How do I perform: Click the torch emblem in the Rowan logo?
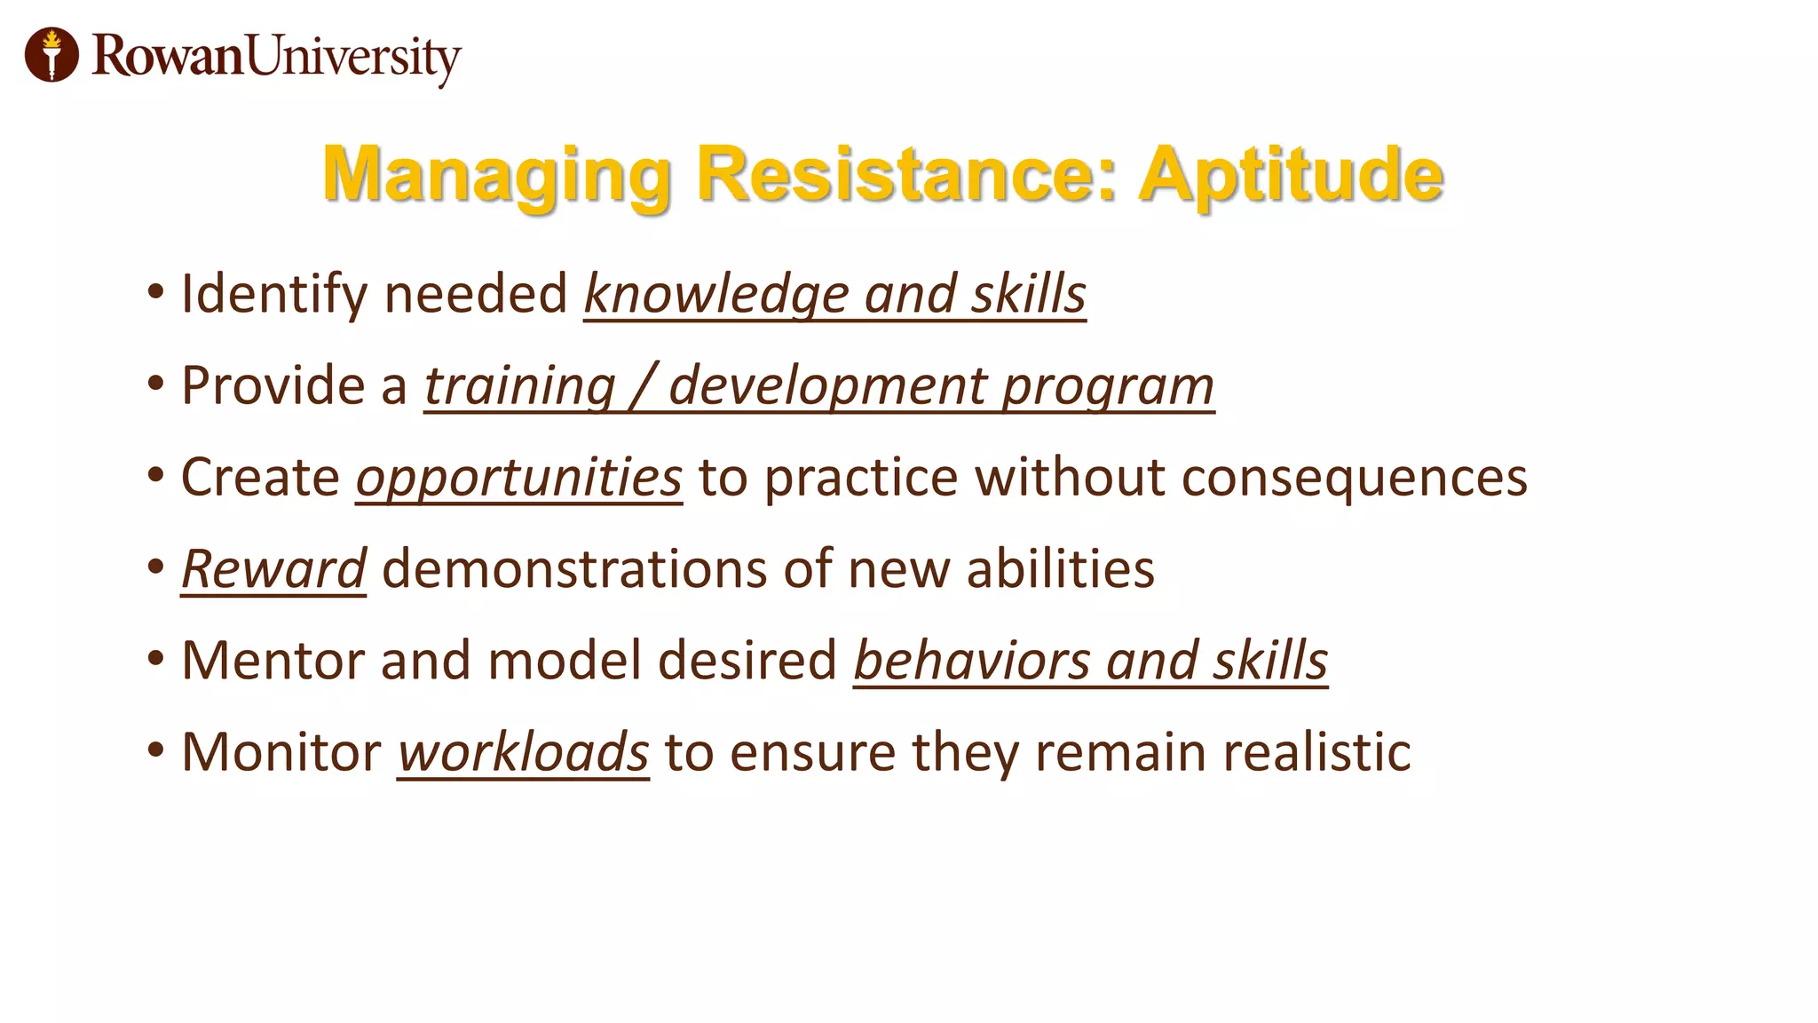[51, 54]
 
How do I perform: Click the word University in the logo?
[353, 58]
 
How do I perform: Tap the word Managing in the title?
[496, 175]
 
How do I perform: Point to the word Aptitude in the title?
[1291, 175]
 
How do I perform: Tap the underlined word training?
[519, 386]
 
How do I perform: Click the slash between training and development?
[642, 386]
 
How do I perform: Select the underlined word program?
[1108, 388]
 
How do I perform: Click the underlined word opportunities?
[519, 479]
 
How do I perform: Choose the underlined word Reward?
[273, 569]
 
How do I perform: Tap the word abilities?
[1060, 569]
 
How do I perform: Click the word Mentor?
[273, 661]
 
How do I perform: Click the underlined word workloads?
[523, 753]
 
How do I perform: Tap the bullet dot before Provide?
[156, 385]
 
